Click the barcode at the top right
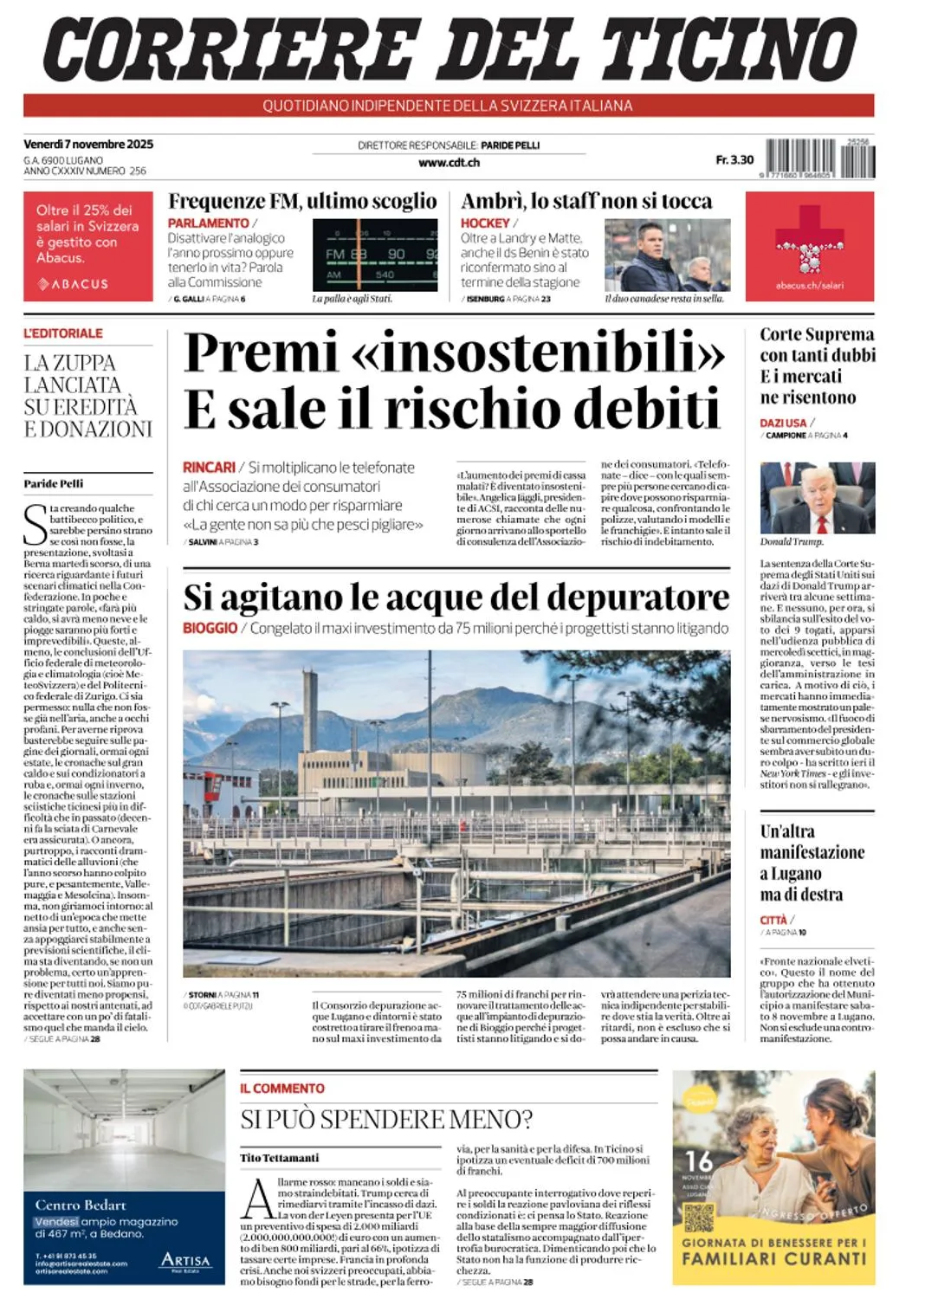(820, 158)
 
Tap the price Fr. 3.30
(734, 159)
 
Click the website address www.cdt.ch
(449, 162)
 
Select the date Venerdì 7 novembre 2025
(88, 144)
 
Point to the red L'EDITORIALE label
(63, 333)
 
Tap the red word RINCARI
(209, 468)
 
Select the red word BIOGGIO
(210, 628)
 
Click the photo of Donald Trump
(817, 498)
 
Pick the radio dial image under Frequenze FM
(374, 255)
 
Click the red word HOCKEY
(485, 223)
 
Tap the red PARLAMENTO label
(208, 223)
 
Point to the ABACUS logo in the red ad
(74, 284)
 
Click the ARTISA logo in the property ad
(185, 1261)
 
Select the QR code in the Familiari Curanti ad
(698, 1217)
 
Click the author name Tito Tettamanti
(280, 1158)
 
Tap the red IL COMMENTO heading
(282, 1089)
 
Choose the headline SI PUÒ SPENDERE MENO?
(386, 1120)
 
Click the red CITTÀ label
(773, 921)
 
